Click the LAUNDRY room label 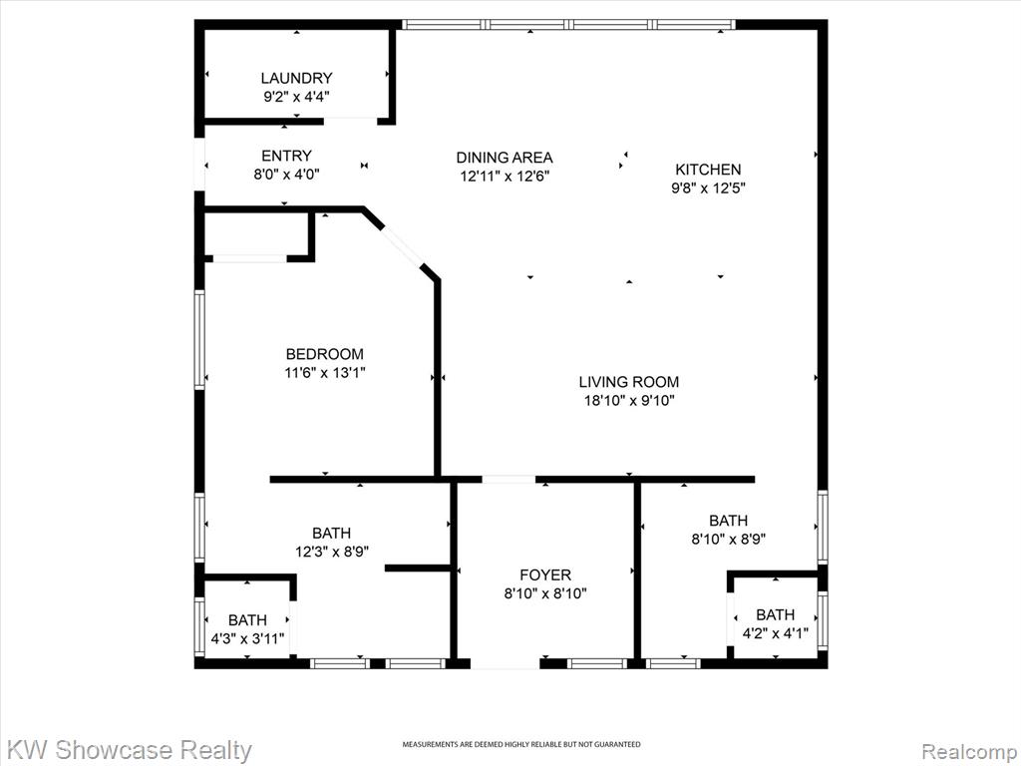pos(296,78)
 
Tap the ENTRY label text pos(286,156)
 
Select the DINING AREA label pos(505,158)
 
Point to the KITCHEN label pos(708,170)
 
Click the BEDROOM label pos(325,354)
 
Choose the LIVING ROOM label pos(629,382)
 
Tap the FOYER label pos(545,575)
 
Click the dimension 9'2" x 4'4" pos(296,97)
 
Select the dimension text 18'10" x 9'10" pos(629,401)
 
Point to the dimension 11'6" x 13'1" pos(325,373)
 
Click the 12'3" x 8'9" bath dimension pos(332,552)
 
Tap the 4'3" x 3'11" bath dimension pos(247,638)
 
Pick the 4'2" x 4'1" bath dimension pos(776,633)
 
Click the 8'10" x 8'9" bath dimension pos(728,540)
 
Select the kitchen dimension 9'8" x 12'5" pos(708,189)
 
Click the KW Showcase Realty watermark pos(130,750)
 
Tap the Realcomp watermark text pos(969,752)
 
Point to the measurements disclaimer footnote pos(520,744)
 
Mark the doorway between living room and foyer pos(509,480)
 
